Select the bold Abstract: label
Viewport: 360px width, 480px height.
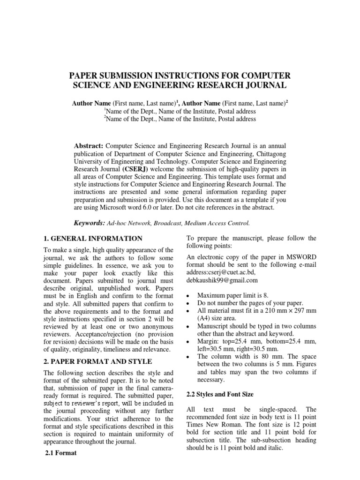click(90, 146)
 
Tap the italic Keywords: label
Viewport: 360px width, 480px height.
click(89, 223)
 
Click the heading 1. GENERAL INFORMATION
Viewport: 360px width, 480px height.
click(93, 239)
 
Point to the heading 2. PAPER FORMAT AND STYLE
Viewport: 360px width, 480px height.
click(97, 361)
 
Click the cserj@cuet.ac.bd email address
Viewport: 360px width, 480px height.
click(232, 272)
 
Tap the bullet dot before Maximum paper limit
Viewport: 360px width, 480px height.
click(188, 296)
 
